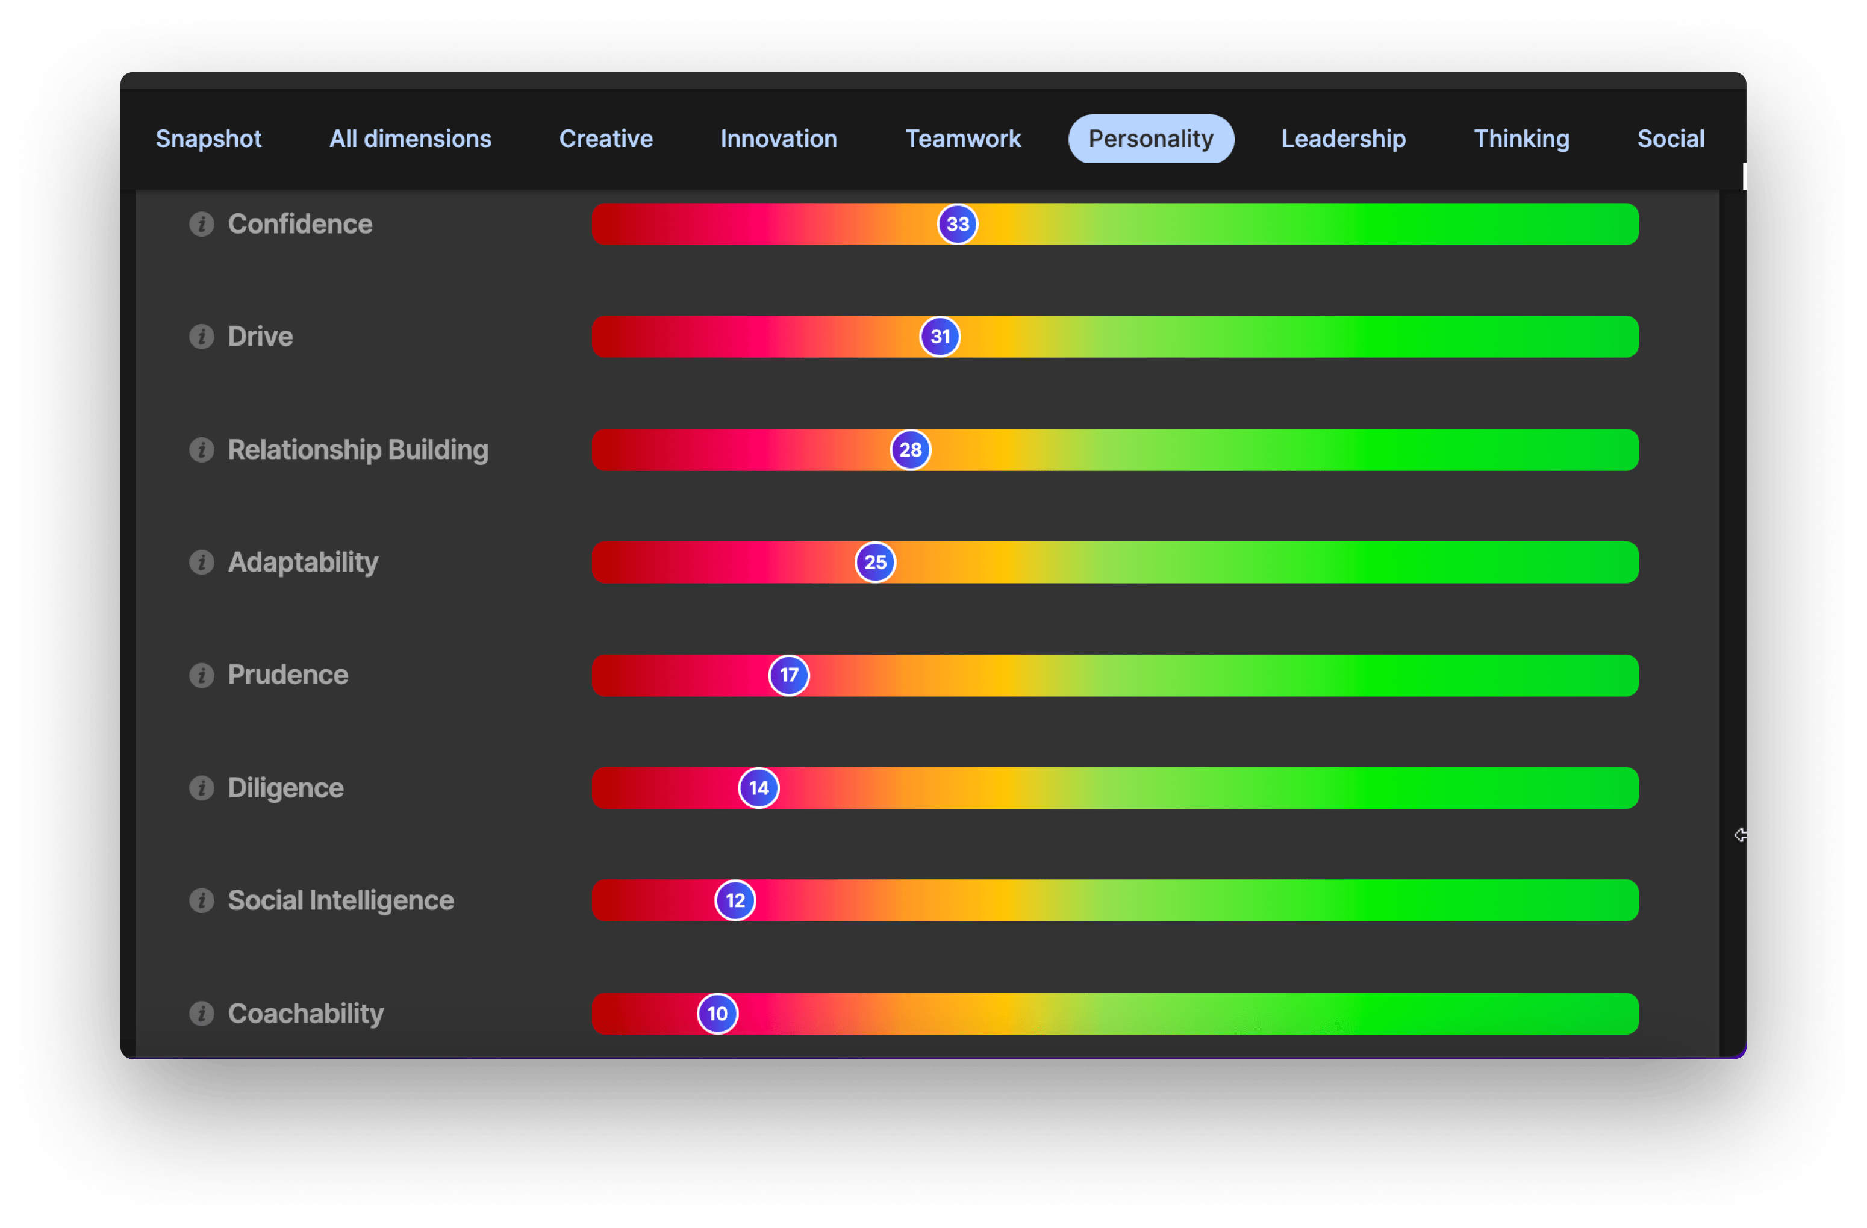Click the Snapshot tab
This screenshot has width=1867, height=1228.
click(208, 139)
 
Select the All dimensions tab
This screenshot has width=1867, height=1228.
click(410, 139)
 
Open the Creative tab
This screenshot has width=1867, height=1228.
click(606, 139)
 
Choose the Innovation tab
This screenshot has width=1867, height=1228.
click(778, 139)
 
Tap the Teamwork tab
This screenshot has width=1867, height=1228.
click(962, 139)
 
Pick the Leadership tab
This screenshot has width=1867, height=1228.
click(1343, 139)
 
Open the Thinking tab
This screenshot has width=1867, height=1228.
click(1521, 139)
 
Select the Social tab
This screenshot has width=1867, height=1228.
click(1670, 139)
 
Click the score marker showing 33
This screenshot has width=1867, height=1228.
click(957, 225)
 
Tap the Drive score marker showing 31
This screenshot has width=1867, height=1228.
click(940, 337)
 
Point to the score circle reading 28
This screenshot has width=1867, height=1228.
click(910, 450)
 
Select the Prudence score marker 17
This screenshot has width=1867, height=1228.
click(788, 675)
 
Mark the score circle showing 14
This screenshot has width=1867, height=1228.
click(759, 788)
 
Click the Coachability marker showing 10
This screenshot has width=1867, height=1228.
click(717, 1014)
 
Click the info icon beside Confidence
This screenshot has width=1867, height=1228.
click(202, 225)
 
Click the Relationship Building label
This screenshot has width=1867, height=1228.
click(358, 450)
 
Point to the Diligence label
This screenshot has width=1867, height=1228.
click(285, 788)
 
